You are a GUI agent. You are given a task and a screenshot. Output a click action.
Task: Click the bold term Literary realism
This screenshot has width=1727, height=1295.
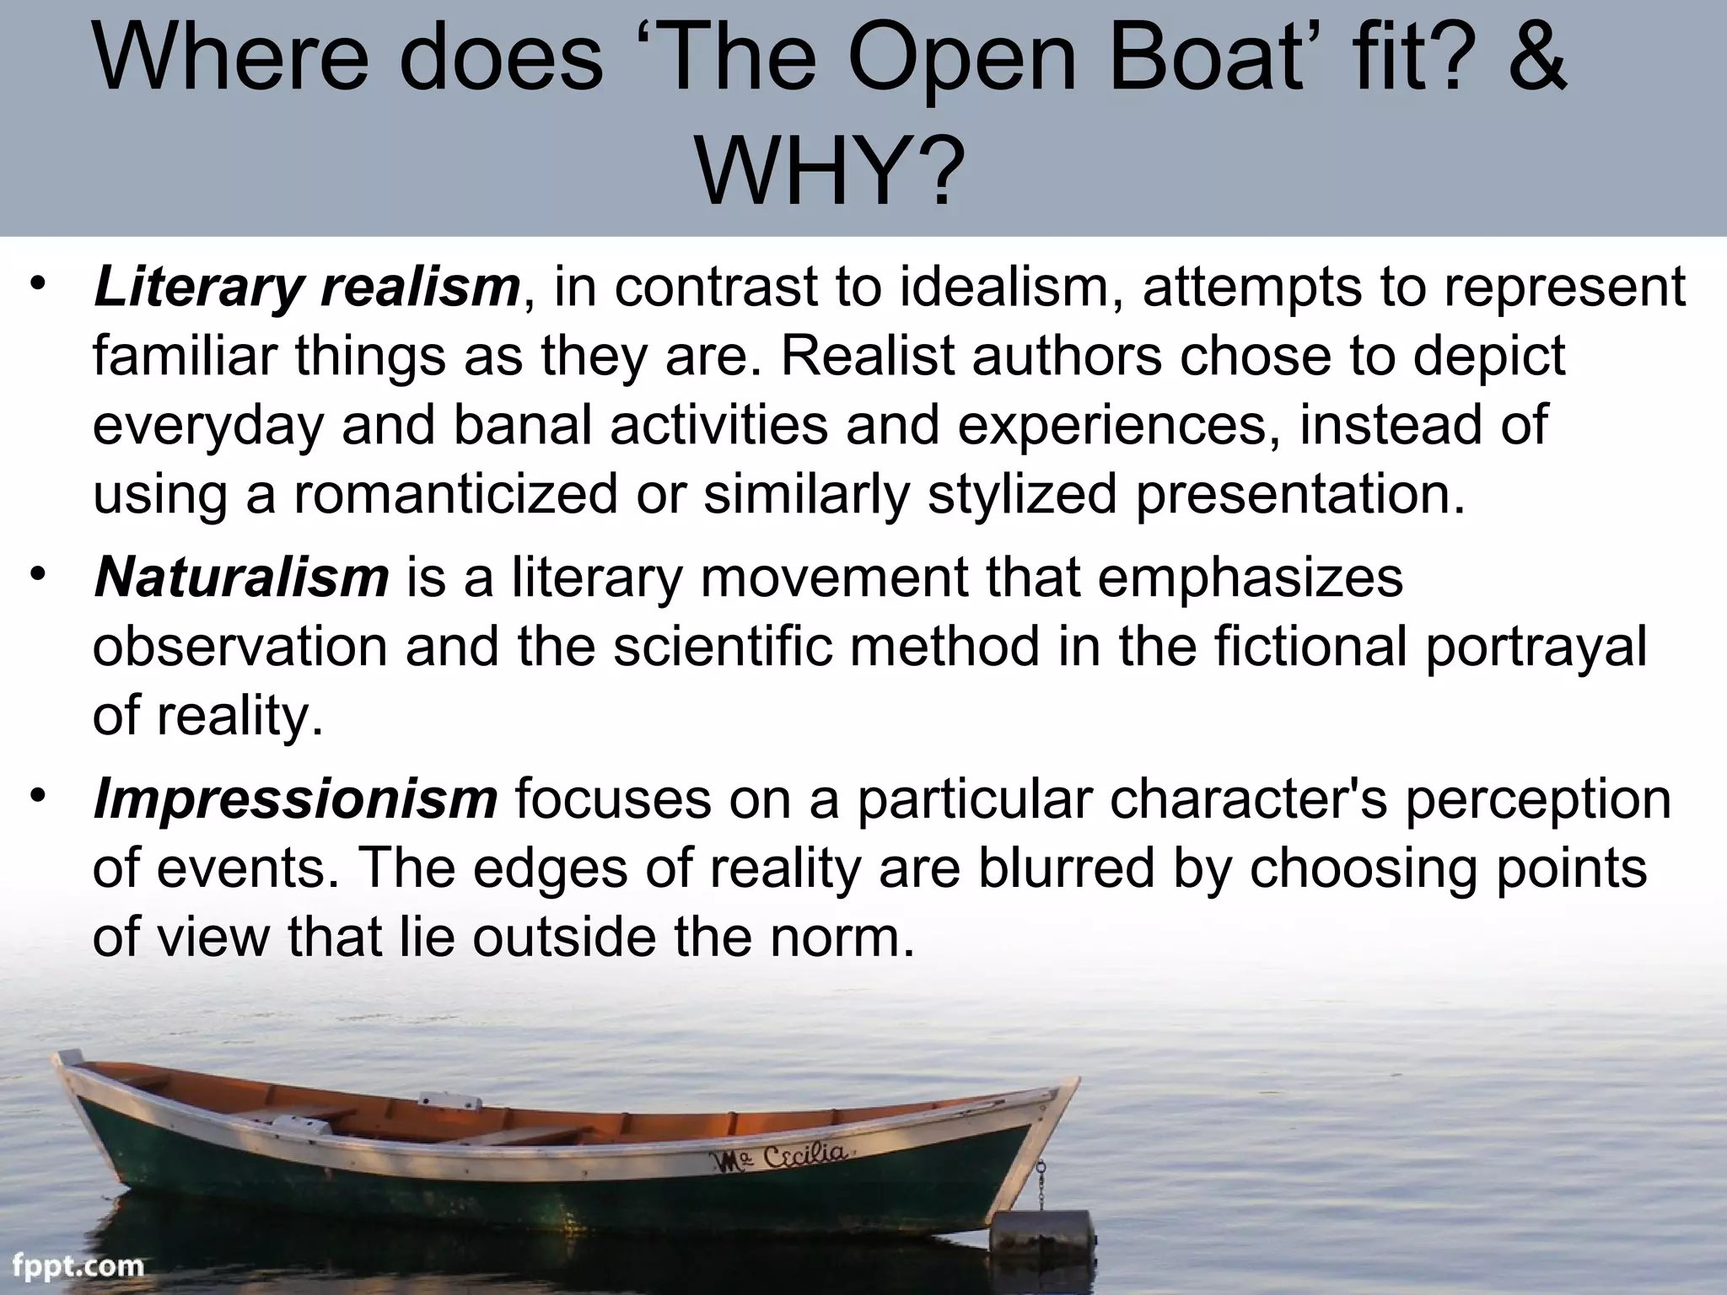click(x=307, y=287)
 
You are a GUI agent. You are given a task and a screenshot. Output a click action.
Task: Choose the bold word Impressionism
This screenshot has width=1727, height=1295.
click(x=295, y=798)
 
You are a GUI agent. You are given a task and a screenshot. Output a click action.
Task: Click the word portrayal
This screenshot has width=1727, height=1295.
click(x=1535, y=648)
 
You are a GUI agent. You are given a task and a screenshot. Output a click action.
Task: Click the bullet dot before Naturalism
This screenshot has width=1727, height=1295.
click(x=38, y=574)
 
